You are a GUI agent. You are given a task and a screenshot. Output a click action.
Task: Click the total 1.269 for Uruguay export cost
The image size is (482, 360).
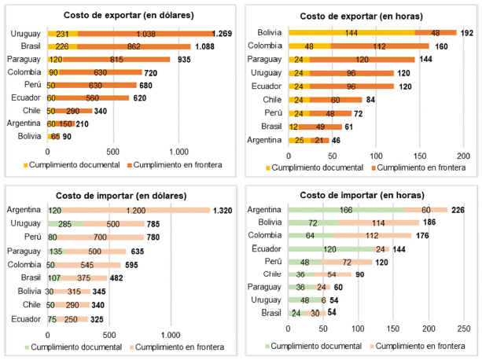pyautogui.click(x=225, y=34)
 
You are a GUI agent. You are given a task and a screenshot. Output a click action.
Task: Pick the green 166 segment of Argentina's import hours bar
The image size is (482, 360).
pyautogui.click(x=346, y=210)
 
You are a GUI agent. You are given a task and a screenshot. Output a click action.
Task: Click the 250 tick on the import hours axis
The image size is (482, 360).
pyautogui.click(x=464, y=328)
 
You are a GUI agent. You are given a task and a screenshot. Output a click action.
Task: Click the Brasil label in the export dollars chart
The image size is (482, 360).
pyautogui.click(x=31, y=46)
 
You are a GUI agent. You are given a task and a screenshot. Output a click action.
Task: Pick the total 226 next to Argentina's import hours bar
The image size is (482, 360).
pyautogui.click(x=459, y=210)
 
